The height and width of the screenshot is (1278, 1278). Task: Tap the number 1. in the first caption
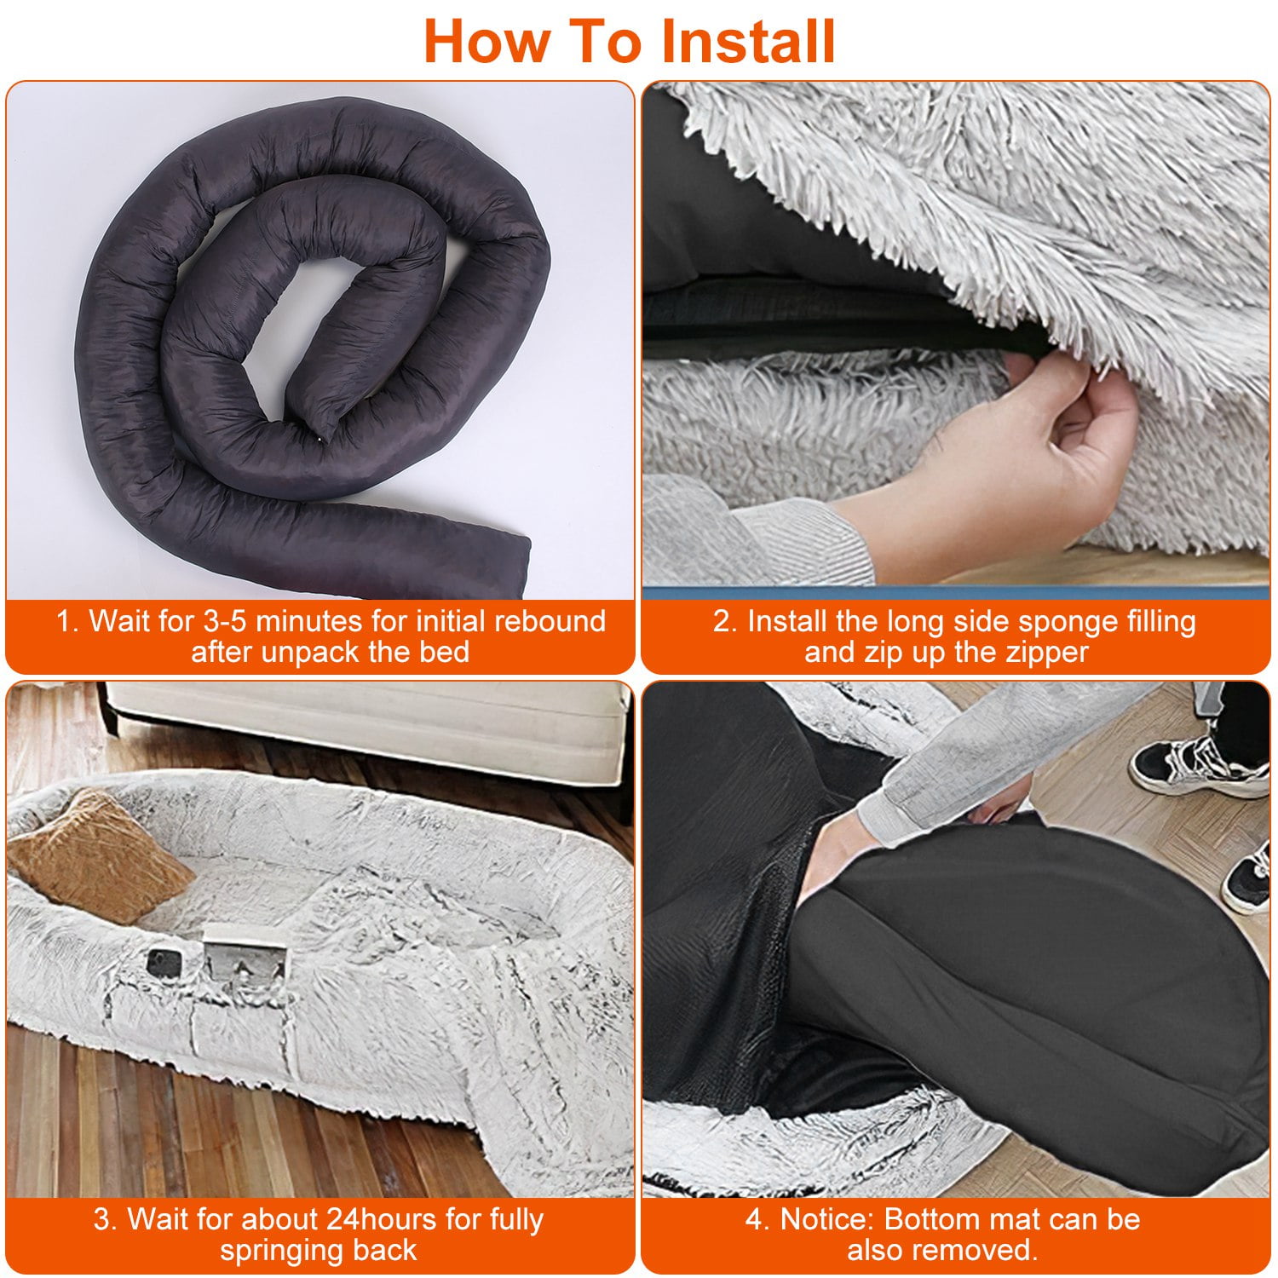(67, 621)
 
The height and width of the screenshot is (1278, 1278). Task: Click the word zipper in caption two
(1044, 653)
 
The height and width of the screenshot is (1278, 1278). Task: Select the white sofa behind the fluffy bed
(366, 728)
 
